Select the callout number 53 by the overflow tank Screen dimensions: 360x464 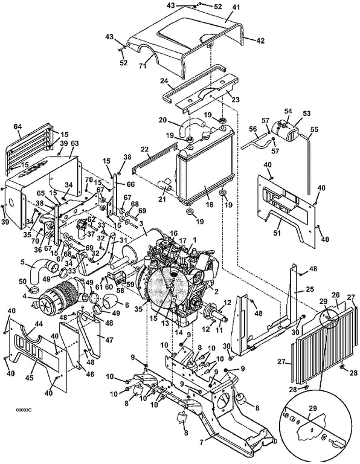pos(307,114)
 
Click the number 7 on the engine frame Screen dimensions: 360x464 pos(202,443)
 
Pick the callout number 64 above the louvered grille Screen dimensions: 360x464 pos(18,127)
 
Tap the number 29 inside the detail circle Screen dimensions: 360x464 pos(313,408)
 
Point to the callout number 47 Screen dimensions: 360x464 pos(109,340)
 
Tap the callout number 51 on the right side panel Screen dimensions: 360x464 pos(277,233)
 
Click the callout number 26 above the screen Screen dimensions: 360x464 pos(335,295)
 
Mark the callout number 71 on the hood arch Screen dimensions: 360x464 pos(143,66)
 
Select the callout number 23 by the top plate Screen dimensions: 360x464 pos(235,100)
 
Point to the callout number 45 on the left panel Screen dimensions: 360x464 pos(29,378)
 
